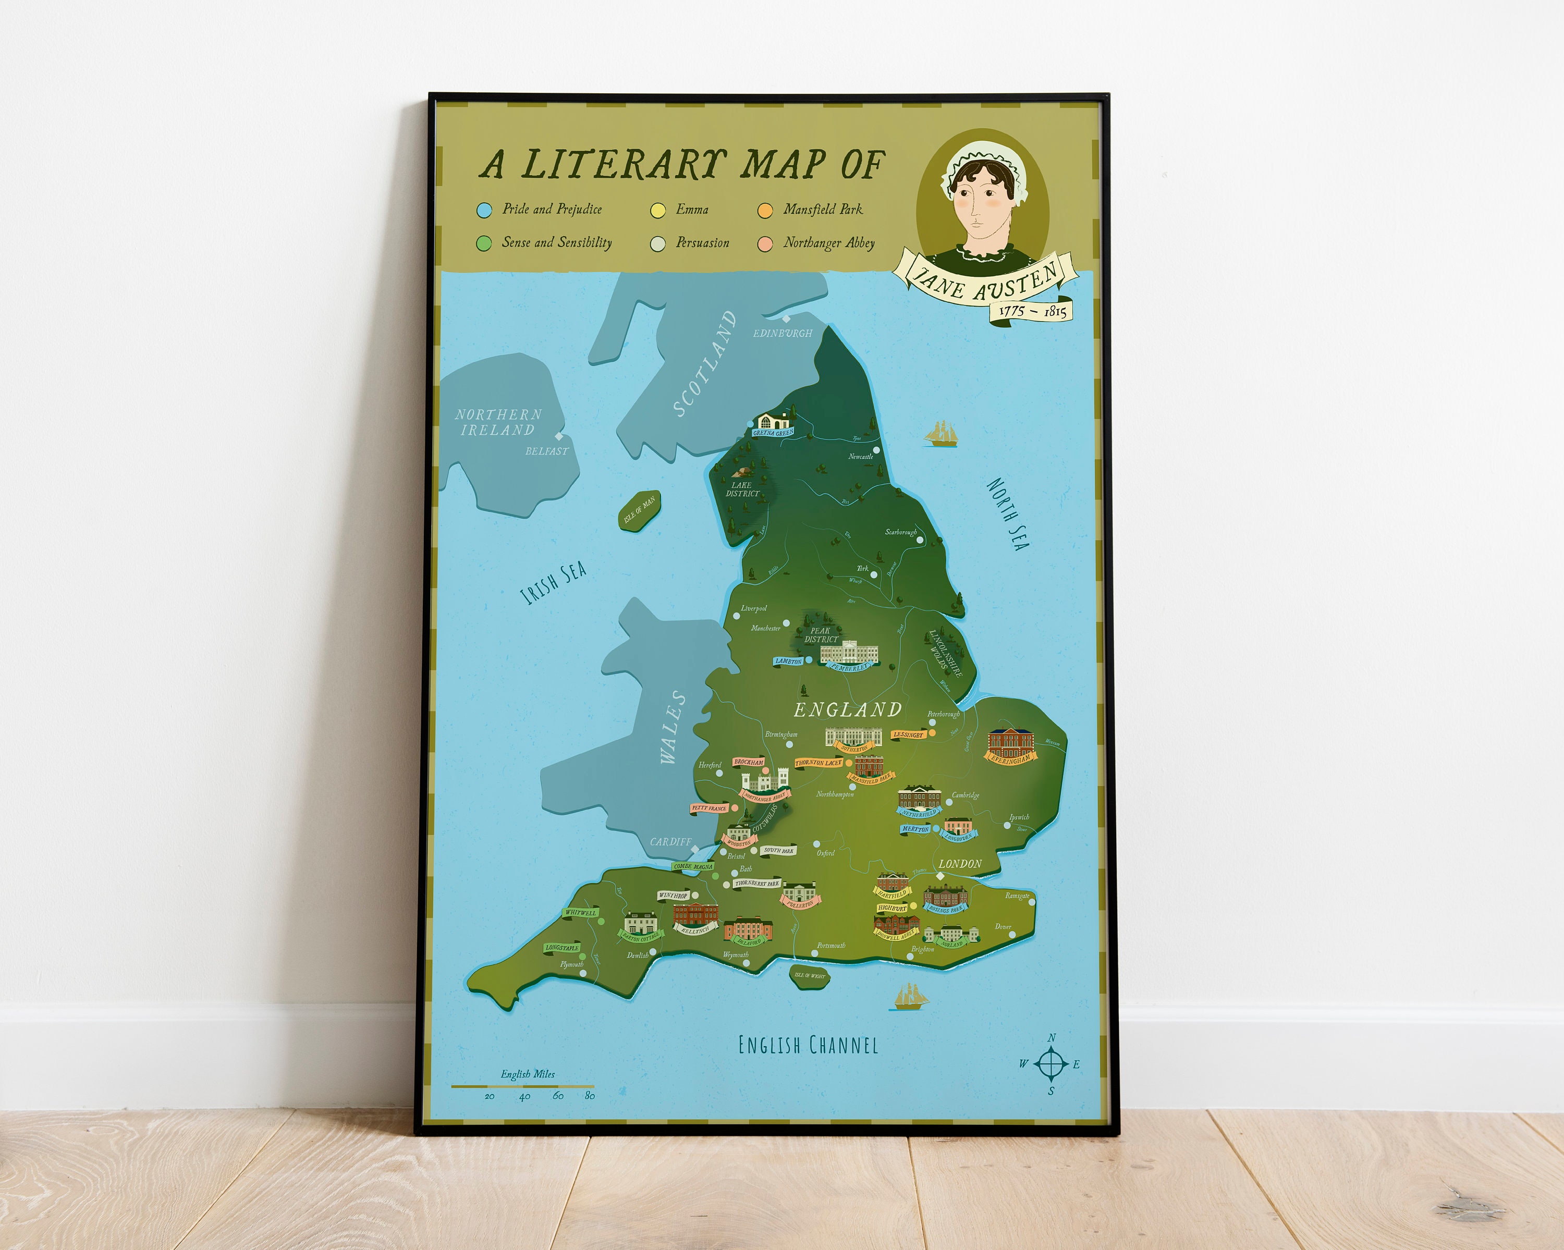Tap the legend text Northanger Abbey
(x=828, y=243)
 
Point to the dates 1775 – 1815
(x=1032, y=311)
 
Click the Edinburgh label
(x=782, y=333)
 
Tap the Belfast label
(x=546, y=451)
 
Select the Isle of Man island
(x=639, y=511)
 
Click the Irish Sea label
(x=554, y=583)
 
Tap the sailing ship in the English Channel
(x=910, y=997)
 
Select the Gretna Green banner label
(x=773, y=432)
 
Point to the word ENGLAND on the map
(x=847, y=709)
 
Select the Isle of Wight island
(x=809, y=975)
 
